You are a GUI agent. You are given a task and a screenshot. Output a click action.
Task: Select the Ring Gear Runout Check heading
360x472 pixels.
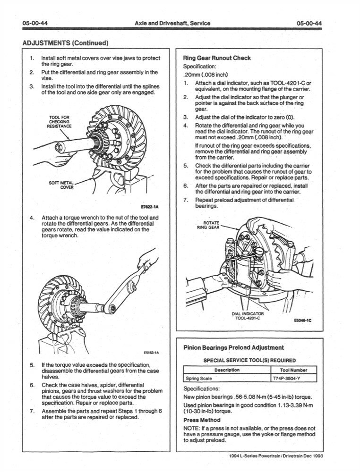tap(216, 58)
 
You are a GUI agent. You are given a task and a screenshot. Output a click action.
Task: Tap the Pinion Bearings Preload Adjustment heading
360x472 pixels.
tap(233, 347)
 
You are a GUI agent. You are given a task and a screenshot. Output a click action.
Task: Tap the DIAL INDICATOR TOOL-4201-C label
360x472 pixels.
tap(248, 315)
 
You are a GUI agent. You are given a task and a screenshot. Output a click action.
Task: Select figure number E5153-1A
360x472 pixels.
tap(151, 352)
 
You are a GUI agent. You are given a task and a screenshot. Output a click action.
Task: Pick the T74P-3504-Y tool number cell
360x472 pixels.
tap(287, 379)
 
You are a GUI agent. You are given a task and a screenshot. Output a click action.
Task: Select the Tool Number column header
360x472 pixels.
tap(293, 370)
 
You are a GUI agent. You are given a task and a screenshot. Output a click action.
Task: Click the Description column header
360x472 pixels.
tap(227, 370)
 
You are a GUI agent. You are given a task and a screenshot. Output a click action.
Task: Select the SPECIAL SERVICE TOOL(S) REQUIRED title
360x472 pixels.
tap(249, 360)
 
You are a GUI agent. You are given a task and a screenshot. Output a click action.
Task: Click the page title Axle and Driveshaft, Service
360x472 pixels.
tap(172, 23)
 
